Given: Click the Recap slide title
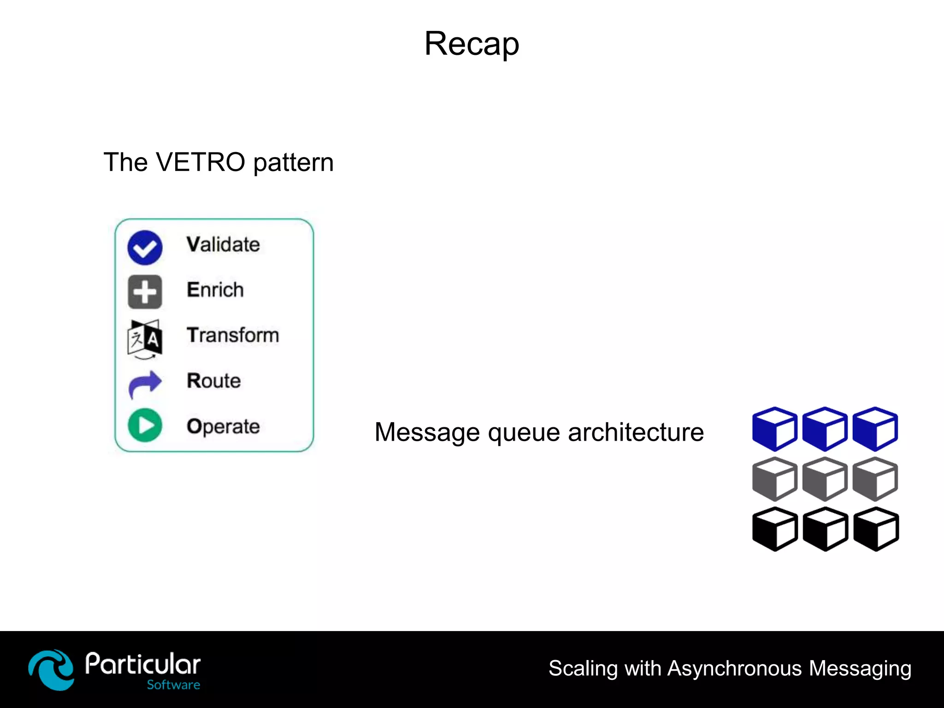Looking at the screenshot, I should pos(472,44).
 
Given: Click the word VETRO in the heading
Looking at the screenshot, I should pos(200,162).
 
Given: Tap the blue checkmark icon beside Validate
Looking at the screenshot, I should pos(145,248).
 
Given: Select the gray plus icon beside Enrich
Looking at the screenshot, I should pos(145,292).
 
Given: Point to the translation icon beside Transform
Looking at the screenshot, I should pos(145,339).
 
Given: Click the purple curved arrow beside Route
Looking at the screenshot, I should pos(145,383).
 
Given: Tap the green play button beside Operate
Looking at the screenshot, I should pos(145,425).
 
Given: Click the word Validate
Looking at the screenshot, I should pos(223,244).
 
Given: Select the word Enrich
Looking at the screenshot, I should pos(215,290).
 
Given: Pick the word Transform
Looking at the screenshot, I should pos(233,335).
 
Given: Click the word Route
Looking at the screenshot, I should pos(213,381).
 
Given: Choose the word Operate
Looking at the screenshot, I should pos(223,426).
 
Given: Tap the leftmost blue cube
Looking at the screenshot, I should pos(774,429).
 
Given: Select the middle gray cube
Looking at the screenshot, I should pos(825,479).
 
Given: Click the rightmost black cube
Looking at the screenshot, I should pos(876,529).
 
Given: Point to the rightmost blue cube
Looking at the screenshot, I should pos(875,429).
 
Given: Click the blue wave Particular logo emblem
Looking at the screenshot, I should pos(51,669).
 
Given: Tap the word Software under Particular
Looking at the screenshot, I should pos(173,685).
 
